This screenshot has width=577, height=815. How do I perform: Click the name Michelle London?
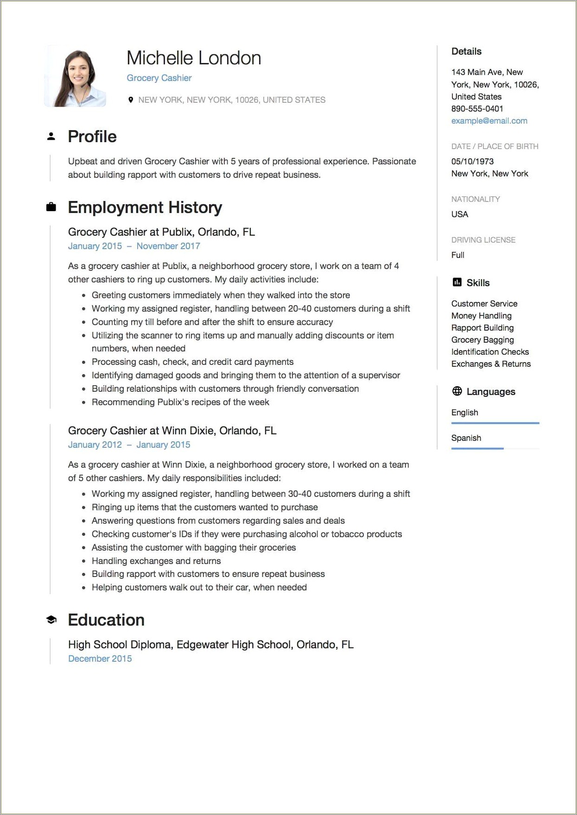(194, 58)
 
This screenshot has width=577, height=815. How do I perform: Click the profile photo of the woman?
(76, 76)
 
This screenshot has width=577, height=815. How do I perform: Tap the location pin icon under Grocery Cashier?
(131, 100)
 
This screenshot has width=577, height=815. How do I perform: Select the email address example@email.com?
(489, 121)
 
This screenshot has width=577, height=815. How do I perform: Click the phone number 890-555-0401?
(477, 109)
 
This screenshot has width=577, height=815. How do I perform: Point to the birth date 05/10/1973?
(472, 162)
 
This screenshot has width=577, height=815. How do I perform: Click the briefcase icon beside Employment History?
(51, 207)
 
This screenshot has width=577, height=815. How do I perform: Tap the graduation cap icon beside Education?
(51, 620)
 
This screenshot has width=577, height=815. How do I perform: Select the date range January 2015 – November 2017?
(134, 246)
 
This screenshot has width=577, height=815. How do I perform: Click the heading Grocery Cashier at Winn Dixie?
(172, 431)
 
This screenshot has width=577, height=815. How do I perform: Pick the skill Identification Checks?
(490, 352)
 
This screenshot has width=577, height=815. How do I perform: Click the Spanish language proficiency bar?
(477, 448)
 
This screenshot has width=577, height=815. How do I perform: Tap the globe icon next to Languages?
(457, 391)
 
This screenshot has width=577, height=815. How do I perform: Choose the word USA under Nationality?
(460, 214)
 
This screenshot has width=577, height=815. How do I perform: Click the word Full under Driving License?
(458, 255)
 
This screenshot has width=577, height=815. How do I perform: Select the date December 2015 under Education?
(100, 658)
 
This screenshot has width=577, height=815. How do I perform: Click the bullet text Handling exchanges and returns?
(156, 561)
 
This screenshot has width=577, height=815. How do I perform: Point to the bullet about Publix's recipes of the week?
(180, 402)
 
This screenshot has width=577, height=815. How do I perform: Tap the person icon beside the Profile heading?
(51, 137)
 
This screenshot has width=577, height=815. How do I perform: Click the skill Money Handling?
(481, 316)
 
